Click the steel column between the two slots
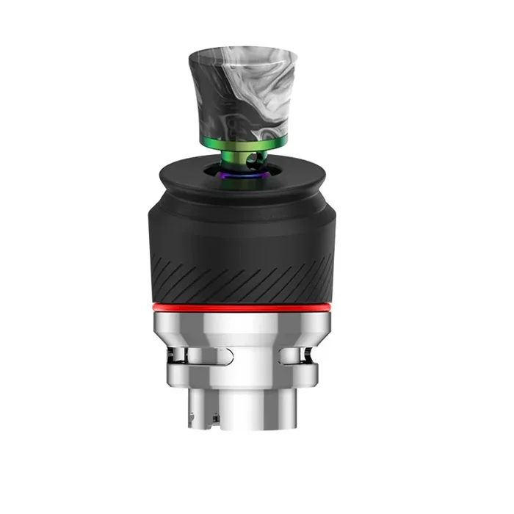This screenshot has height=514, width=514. tap(253, 357)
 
